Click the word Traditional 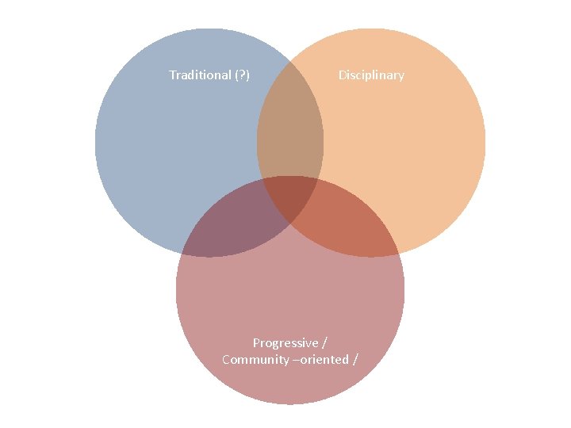tap(199, 75)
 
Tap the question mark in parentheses tap(242, 75)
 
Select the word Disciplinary tap(371, 75)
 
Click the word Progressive tap(285, 343)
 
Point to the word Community tap(255, 360)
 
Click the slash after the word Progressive tap(324, 343)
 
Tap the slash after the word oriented tap(354, 360)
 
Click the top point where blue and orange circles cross tap(290, 59)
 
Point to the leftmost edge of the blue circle tap(95, 143)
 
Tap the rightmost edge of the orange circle tap(485, 143)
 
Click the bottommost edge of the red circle tap(290, 404)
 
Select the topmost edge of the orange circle tap(371, 29)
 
